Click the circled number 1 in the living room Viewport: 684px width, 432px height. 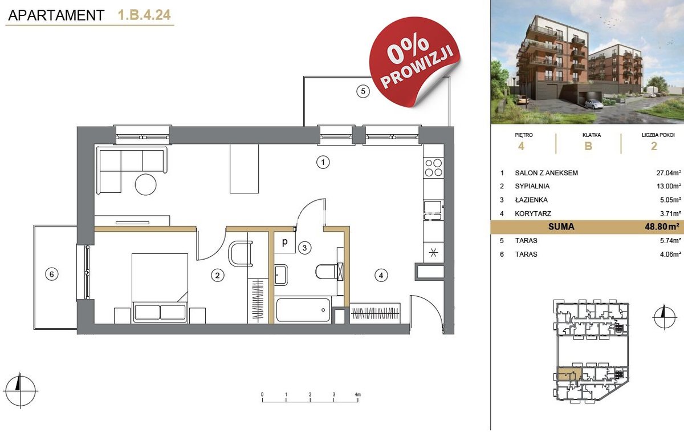(x=323, y=162)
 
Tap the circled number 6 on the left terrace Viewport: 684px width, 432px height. (x=51, y=274)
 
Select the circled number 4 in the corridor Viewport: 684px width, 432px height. (x=381, y=276)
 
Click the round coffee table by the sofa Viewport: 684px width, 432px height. (x=146, y=184)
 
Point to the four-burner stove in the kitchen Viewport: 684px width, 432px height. (x=433, y=168)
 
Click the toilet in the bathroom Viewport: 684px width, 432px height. (x=329, y=271)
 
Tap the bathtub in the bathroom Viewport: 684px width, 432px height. (x=303, y=310)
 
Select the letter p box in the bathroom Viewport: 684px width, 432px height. (x=284, y=242)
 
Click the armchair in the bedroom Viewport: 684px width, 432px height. (x=241, y=254)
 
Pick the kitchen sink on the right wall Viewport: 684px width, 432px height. (x=433, y=210)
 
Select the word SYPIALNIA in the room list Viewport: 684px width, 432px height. (x=532, y=186)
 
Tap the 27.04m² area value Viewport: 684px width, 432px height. (x=669, y=173)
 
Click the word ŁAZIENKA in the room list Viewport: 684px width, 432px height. (x=531, y=200)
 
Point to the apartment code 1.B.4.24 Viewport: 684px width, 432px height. (x=144, y=15)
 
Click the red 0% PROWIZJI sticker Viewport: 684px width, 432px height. (x=414, y=61)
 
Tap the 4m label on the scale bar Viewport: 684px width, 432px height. (x=357, y=394)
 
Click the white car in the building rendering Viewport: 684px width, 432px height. (x=593, y=104)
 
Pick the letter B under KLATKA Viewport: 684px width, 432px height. (x=588, y=146)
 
